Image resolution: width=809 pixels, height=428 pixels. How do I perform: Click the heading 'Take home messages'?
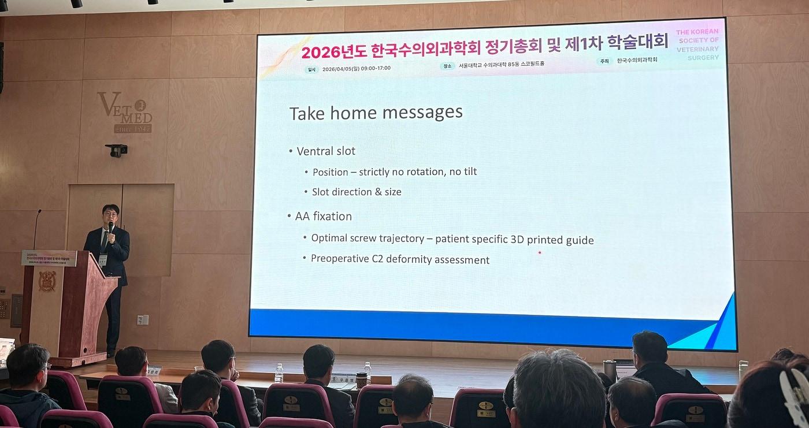(376, 112)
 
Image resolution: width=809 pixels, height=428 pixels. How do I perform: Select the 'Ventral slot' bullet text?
(326, 151)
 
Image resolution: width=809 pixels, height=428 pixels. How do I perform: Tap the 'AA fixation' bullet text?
(324, 217)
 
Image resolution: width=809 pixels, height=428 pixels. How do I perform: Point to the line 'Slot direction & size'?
(357, 192)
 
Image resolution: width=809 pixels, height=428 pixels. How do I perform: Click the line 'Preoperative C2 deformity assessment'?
(400, 259)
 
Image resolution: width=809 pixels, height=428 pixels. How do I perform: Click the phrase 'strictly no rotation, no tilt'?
(418, 172)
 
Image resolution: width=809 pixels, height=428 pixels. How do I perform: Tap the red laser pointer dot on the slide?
(540, 252)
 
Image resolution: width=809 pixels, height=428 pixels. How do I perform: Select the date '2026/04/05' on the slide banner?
(341, 68)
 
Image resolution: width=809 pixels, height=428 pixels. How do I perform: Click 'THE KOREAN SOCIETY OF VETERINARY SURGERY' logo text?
(698, 44)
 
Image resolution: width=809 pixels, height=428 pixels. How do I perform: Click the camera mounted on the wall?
(117, 150)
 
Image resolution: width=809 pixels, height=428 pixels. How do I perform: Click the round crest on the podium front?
(47, 281)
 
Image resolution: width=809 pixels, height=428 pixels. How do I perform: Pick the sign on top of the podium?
(49, 258)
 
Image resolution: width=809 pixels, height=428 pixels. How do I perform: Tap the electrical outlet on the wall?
(142, 319)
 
